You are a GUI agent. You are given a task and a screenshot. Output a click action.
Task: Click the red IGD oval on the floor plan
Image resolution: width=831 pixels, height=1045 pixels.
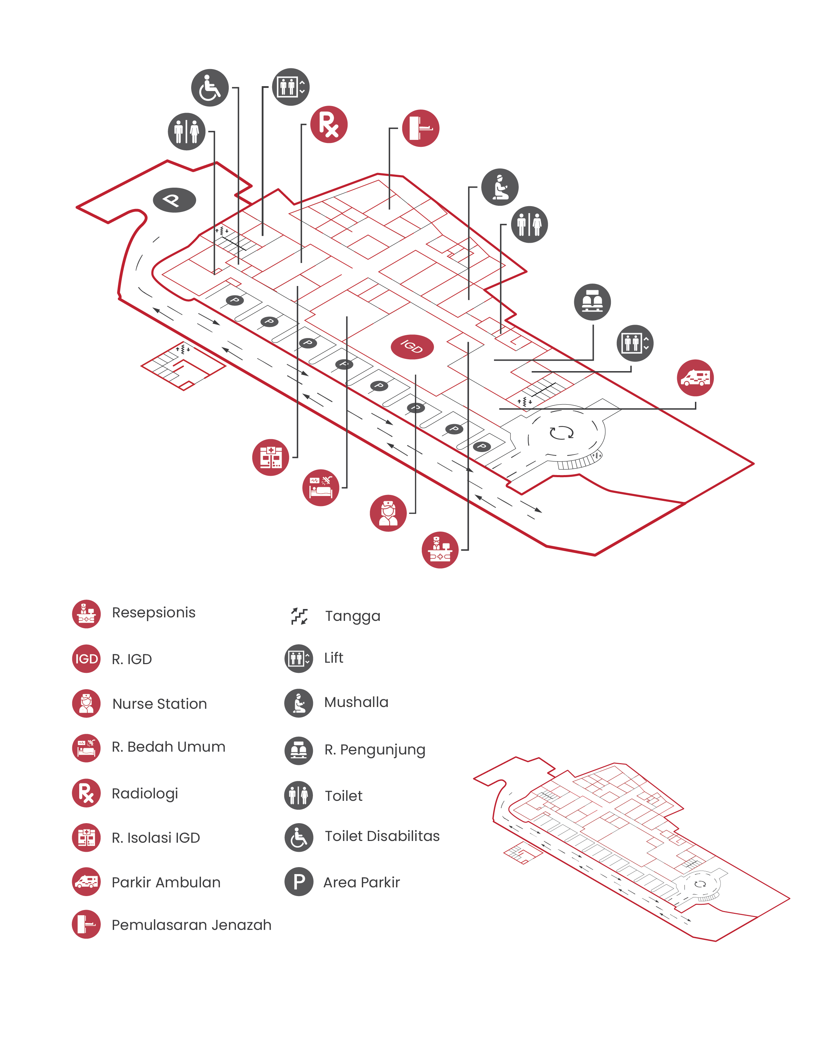[412, 347]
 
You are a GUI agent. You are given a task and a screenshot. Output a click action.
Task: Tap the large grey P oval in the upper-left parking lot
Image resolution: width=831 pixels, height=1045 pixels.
[174, 200]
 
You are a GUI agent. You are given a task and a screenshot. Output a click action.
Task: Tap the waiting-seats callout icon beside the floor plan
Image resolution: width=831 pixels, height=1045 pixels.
[592, 302]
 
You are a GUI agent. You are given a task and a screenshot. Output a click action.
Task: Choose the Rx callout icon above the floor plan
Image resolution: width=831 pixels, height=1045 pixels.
[329, 125]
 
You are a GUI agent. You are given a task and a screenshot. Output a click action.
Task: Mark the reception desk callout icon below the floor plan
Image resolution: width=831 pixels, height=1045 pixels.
[440, 550]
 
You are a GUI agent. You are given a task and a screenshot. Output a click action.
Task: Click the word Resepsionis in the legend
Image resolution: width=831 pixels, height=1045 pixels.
[154, 612]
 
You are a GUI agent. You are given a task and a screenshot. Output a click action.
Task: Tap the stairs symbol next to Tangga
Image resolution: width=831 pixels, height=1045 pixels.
[299, 616]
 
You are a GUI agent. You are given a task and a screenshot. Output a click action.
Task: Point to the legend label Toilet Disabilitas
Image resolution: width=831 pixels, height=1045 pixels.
[382, 836]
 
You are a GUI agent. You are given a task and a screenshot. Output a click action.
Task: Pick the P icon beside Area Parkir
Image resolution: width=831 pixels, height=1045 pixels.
[299, 882]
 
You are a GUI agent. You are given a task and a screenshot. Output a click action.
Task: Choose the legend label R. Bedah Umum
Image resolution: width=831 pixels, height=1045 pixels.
[169, 746]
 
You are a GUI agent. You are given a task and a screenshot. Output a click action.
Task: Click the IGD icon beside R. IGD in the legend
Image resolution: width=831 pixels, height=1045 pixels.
[86, 659]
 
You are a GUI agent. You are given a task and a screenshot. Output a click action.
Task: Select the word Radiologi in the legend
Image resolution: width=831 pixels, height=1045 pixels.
[145, 794]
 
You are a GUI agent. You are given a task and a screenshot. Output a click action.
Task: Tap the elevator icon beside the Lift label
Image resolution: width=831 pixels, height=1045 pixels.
[299, 659]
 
